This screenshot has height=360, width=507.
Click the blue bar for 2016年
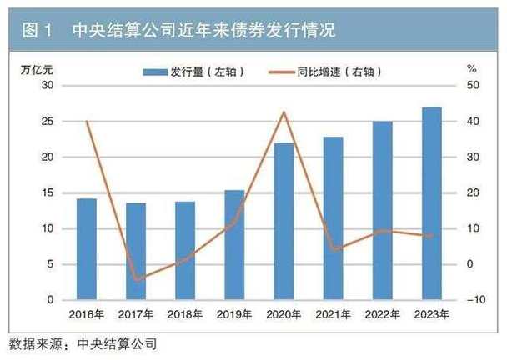point(87,248)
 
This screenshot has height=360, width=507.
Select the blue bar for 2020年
point(284,221)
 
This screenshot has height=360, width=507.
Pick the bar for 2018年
point(185,250)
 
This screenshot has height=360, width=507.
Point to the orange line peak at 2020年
point(284,112)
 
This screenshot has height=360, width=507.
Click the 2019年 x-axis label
point(234,314)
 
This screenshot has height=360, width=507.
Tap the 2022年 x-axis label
point(382,314)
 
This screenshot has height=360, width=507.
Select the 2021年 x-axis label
point(333,314)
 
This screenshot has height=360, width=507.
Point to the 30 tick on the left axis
point(47,86)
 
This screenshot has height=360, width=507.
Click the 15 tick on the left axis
point(47,192)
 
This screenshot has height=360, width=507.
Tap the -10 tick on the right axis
point(474,300)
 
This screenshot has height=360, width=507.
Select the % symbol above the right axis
point(471,67)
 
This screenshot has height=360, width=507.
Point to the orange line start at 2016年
point(87,122)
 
